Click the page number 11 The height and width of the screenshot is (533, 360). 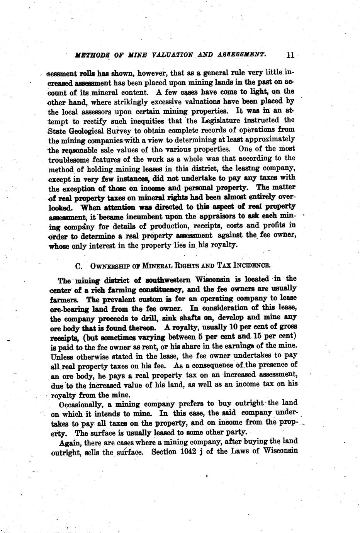[x=290, y=55]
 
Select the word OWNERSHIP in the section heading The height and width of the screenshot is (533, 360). [x=109, y=266]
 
